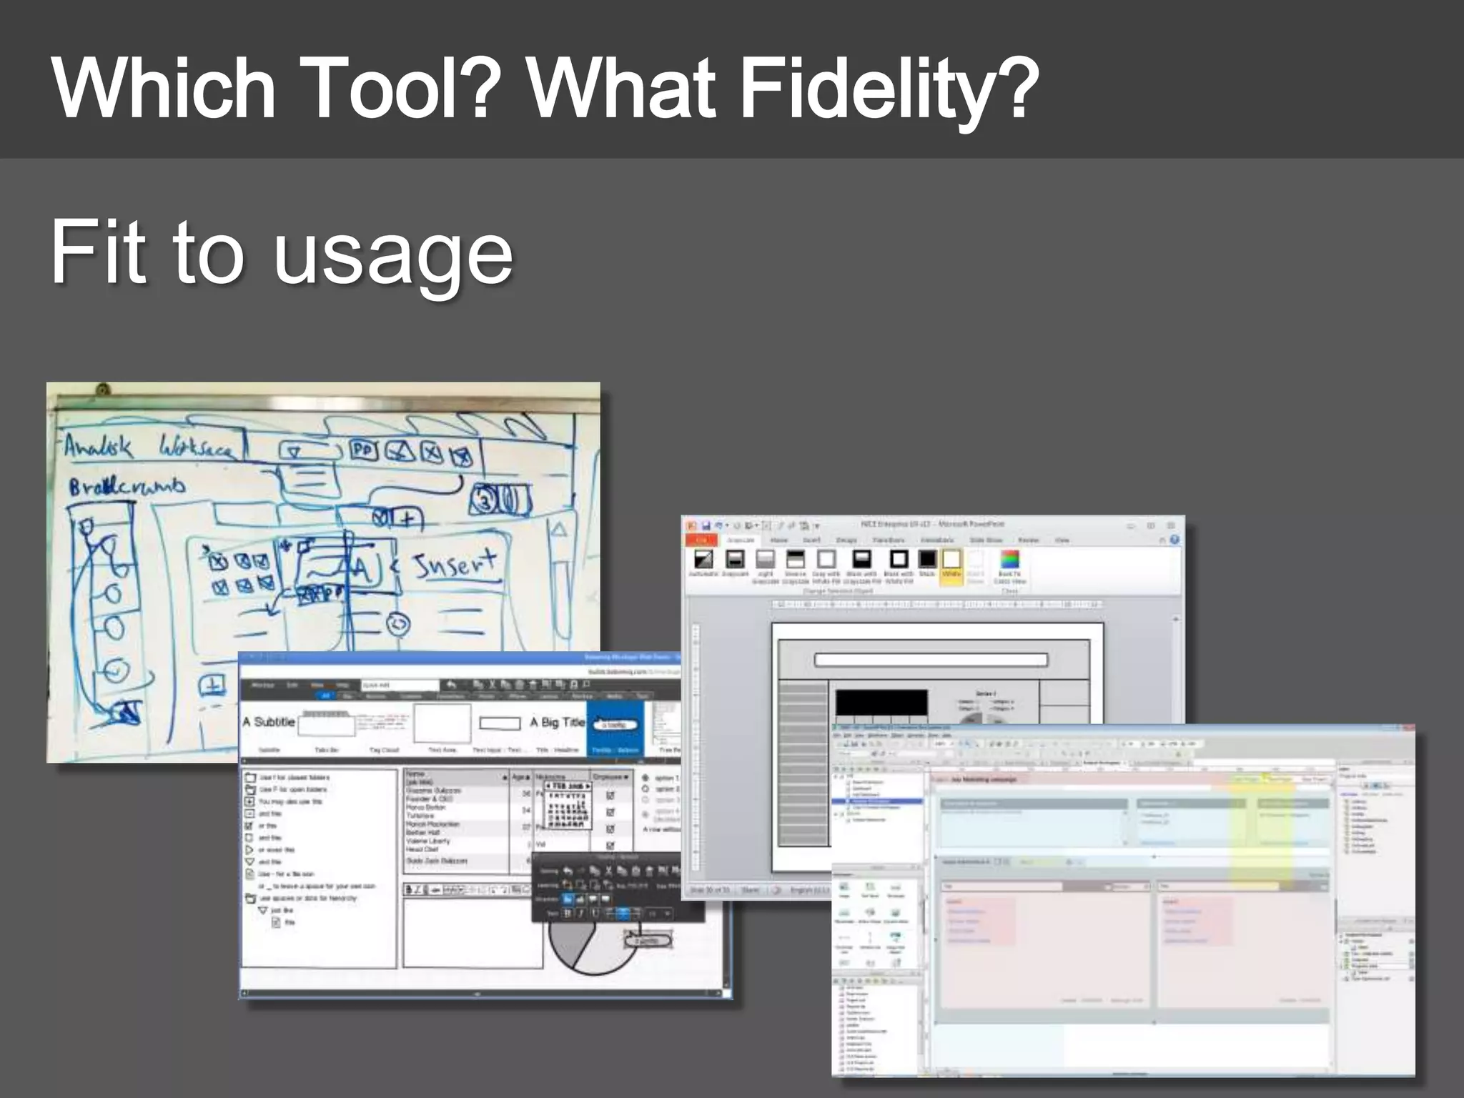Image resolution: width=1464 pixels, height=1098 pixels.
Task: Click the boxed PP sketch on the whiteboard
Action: pos(364,450)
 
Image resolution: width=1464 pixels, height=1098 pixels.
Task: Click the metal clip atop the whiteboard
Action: pos(103,390)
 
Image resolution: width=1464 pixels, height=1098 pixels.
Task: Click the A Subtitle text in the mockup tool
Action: pos(269,722)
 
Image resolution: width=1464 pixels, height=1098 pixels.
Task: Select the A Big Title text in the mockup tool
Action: pos(557,723)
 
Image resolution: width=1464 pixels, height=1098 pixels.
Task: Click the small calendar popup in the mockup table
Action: pos(568,805)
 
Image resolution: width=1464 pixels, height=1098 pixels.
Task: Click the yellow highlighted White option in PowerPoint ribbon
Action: pos(951,565)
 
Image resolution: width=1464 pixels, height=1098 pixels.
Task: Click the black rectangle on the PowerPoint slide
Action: pos(881,702)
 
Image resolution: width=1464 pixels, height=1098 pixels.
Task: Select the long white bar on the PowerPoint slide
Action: pos(931,660)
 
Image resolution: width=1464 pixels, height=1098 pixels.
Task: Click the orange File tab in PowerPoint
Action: pos(701,540)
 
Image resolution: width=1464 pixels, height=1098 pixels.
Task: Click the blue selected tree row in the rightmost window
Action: pos(878,802)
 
